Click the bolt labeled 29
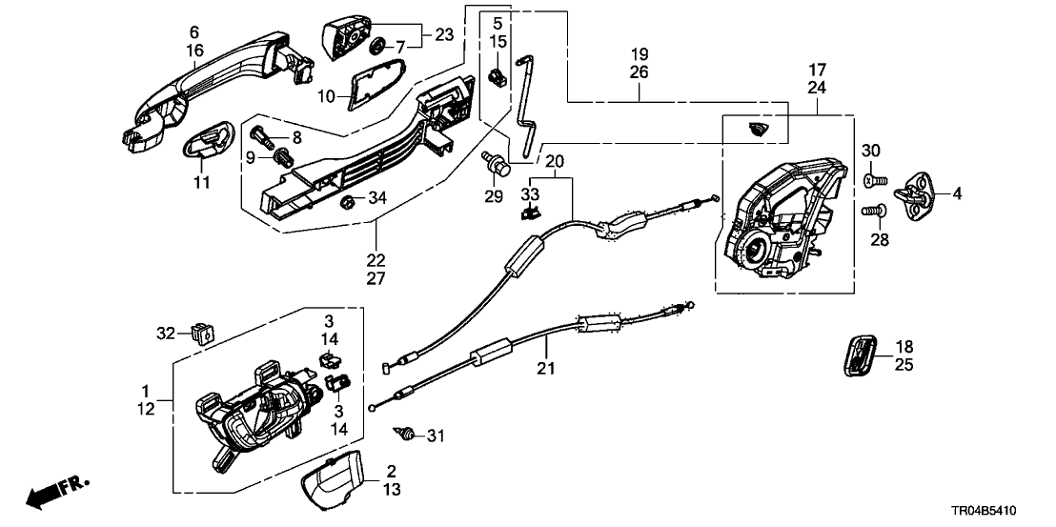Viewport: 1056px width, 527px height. coord(497,168)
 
